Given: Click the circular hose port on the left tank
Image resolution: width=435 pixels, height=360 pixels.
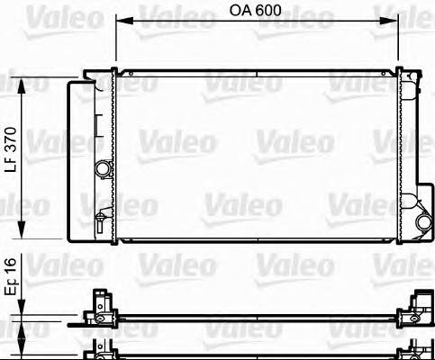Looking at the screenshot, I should [x=104, y=168].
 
